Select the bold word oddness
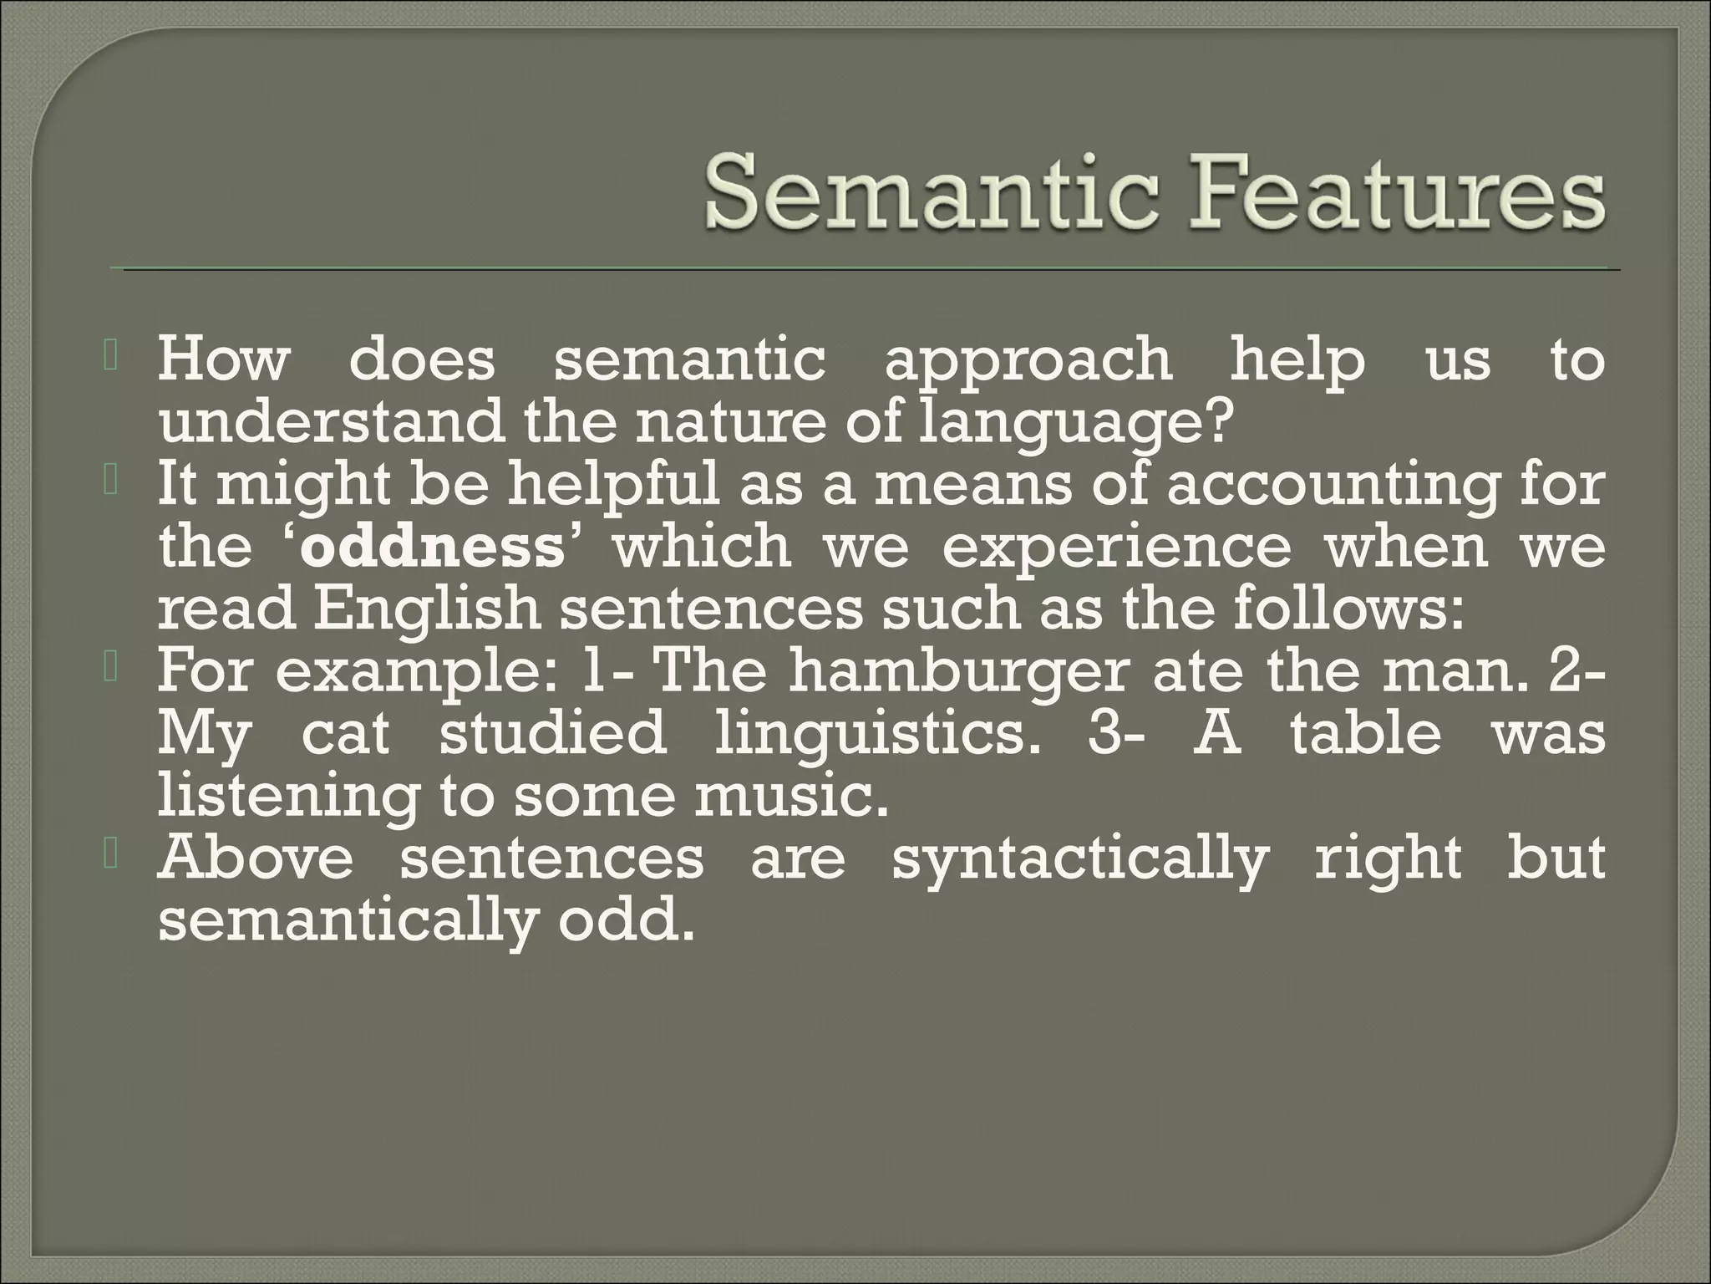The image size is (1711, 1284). coord(433,548)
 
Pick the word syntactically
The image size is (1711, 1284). coord(1080,861)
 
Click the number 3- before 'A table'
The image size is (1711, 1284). coord(1112,734)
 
